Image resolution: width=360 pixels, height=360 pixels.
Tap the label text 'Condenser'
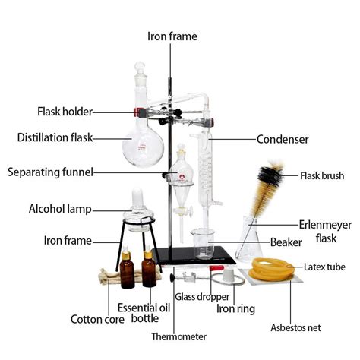click(283, 139)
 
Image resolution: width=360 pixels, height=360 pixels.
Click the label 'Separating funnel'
click(50, 172)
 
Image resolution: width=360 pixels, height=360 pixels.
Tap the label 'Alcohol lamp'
click(61, 208)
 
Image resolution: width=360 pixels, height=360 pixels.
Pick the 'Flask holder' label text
click(65, 112)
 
